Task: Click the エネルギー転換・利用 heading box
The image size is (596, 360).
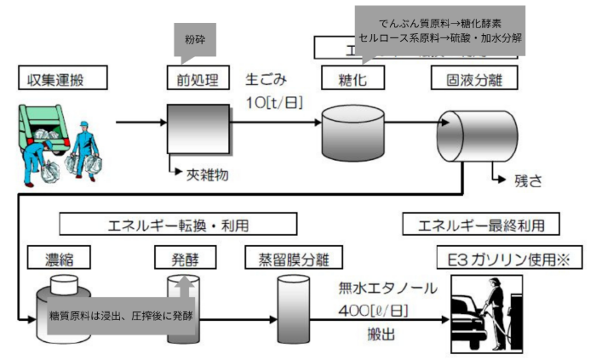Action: click(179, 224)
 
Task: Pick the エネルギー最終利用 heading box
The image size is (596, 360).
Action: click(482, 224)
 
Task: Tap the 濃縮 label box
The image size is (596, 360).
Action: click(57, 256)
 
